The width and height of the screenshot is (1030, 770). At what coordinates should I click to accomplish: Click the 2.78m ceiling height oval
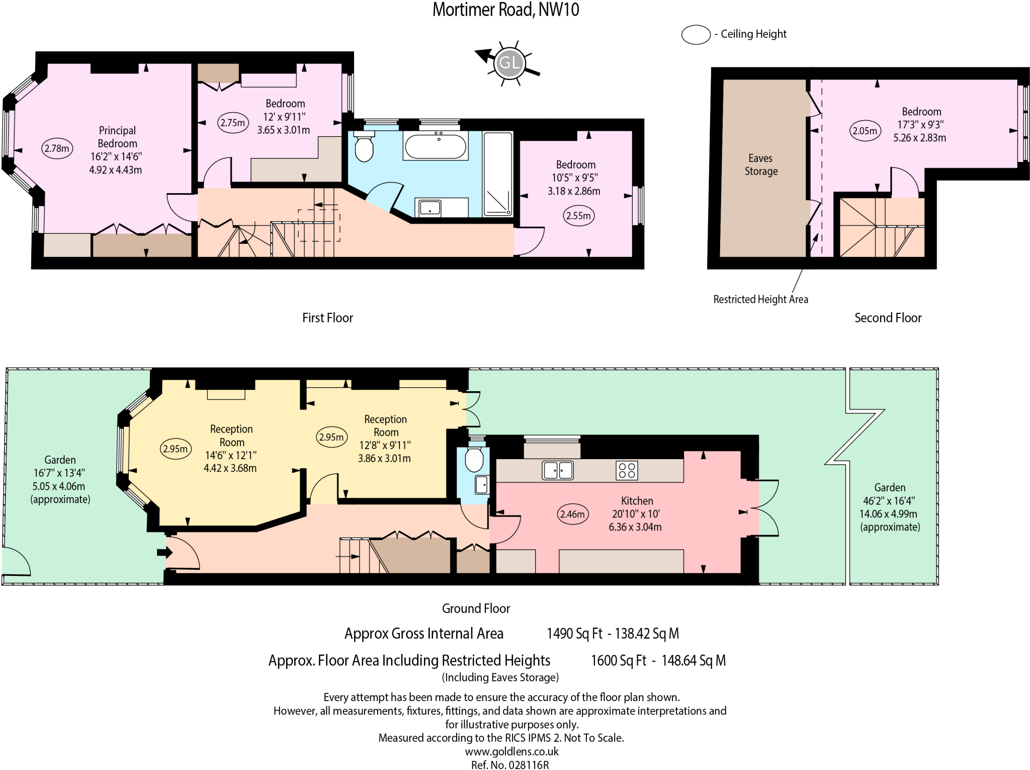tap(57, 148)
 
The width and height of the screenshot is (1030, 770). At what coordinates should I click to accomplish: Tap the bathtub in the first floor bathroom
tap(436, 146)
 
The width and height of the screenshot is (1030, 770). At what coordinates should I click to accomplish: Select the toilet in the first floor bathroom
tap(364, 146)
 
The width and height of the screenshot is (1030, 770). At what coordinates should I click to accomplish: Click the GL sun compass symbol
tap(509, 63)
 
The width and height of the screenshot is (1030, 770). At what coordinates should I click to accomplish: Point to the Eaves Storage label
tap(760, 164)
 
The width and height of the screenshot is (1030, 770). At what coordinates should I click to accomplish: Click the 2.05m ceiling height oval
tap(865, 131)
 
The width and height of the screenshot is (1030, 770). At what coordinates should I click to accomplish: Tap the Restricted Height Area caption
tap(760, 299)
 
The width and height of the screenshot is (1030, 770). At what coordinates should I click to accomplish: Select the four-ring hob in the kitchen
tap(627, 470)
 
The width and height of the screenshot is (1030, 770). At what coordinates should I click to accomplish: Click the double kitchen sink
tap(558, 470)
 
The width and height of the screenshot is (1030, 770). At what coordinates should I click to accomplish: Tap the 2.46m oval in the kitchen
tap(573, 514)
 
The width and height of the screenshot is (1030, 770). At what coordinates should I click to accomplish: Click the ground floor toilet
tap(474, 459)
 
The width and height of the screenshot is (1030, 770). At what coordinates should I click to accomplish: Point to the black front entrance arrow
tap(164, 552)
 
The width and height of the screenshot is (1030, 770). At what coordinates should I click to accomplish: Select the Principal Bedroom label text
tap(117, 137)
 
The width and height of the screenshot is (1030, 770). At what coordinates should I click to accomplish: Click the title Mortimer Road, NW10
tap(505, 10)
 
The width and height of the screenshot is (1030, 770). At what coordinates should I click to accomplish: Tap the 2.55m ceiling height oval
tap(578, 216)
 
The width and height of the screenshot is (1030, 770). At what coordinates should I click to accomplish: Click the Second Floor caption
tap(888, 318)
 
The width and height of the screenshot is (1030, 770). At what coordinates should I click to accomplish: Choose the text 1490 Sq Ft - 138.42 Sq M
tap(613, 634)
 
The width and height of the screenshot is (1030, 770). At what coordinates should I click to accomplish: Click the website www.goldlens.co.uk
tap(511, 751)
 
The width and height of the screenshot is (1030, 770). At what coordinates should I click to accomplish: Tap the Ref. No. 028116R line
tap(510, 765)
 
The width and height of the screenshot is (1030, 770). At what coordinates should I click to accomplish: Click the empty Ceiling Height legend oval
tap(696, 35)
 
